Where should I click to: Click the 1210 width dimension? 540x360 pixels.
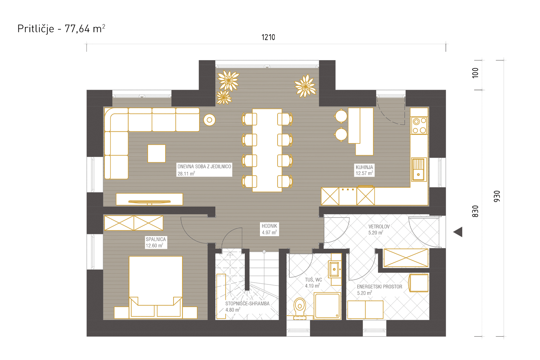coord(268,37)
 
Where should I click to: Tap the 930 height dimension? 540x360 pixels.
coord(497,196)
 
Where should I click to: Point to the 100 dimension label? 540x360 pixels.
coord(475,73)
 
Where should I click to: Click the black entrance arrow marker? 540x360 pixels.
coord(458,232)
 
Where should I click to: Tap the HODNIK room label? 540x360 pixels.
coord(269,226)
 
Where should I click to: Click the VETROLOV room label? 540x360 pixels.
coord(379,226)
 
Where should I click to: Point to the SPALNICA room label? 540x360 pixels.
coord(156,239)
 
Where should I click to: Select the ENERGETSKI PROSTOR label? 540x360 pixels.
coord(379,287)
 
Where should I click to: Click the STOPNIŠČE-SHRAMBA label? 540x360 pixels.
coord(247,303)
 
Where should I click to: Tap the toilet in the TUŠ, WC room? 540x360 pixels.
coord(300,309)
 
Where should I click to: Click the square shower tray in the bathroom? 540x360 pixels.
coord(327,306)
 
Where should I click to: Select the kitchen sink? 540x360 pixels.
coord(419,170)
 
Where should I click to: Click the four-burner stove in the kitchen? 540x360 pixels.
coord(419,126)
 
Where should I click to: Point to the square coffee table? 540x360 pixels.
coord(157,153)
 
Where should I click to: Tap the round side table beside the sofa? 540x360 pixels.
coord(209,120)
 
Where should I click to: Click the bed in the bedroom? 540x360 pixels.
coord(156,287)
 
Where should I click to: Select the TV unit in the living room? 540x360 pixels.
coord(149,199)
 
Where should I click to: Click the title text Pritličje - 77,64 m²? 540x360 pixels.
coord(61,29)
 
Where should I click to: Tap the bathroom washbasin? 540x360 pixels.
coord(334,269)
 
